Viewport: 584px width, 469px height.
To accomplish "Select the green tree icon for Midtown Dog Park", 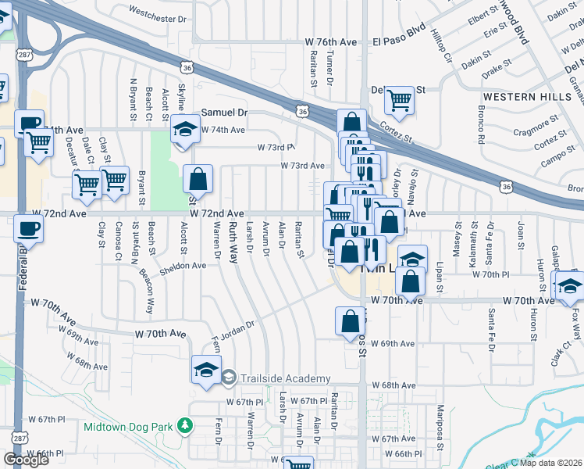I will tap(185, 426).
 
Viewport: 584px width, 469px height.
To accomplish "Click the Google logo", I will tap(26, 460).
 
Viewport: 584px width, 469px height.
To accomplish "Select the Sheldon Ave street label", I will tap(183, 266).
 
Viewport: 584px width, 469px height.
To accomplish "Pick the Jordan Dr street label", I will tap(239, 328).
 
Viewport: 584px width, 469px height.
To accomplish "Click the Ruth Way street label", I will tap(233, 241).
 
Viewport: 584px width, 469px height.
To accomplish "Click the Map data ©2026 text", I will tap(550, 463).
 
